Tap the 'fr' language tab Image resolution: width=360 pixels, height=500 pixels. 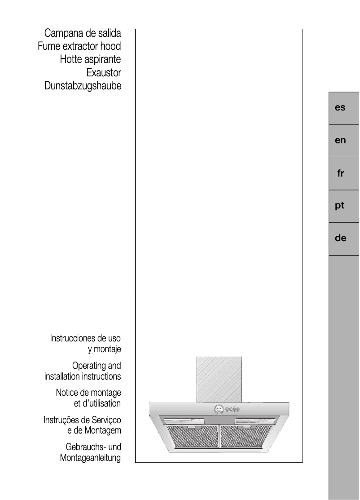[x=340, y=173]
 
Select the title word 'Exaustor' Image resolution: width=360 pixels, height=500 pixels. [x=104, y=73]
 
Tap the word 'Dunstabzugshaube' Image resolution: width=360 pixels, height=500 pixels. [x=83, y=86]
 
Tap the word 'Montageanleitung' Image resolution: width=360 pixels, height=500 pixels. [x=90, y=458]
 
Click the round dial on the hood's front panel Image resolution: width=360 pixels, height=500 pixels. [x=219, y=409]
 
